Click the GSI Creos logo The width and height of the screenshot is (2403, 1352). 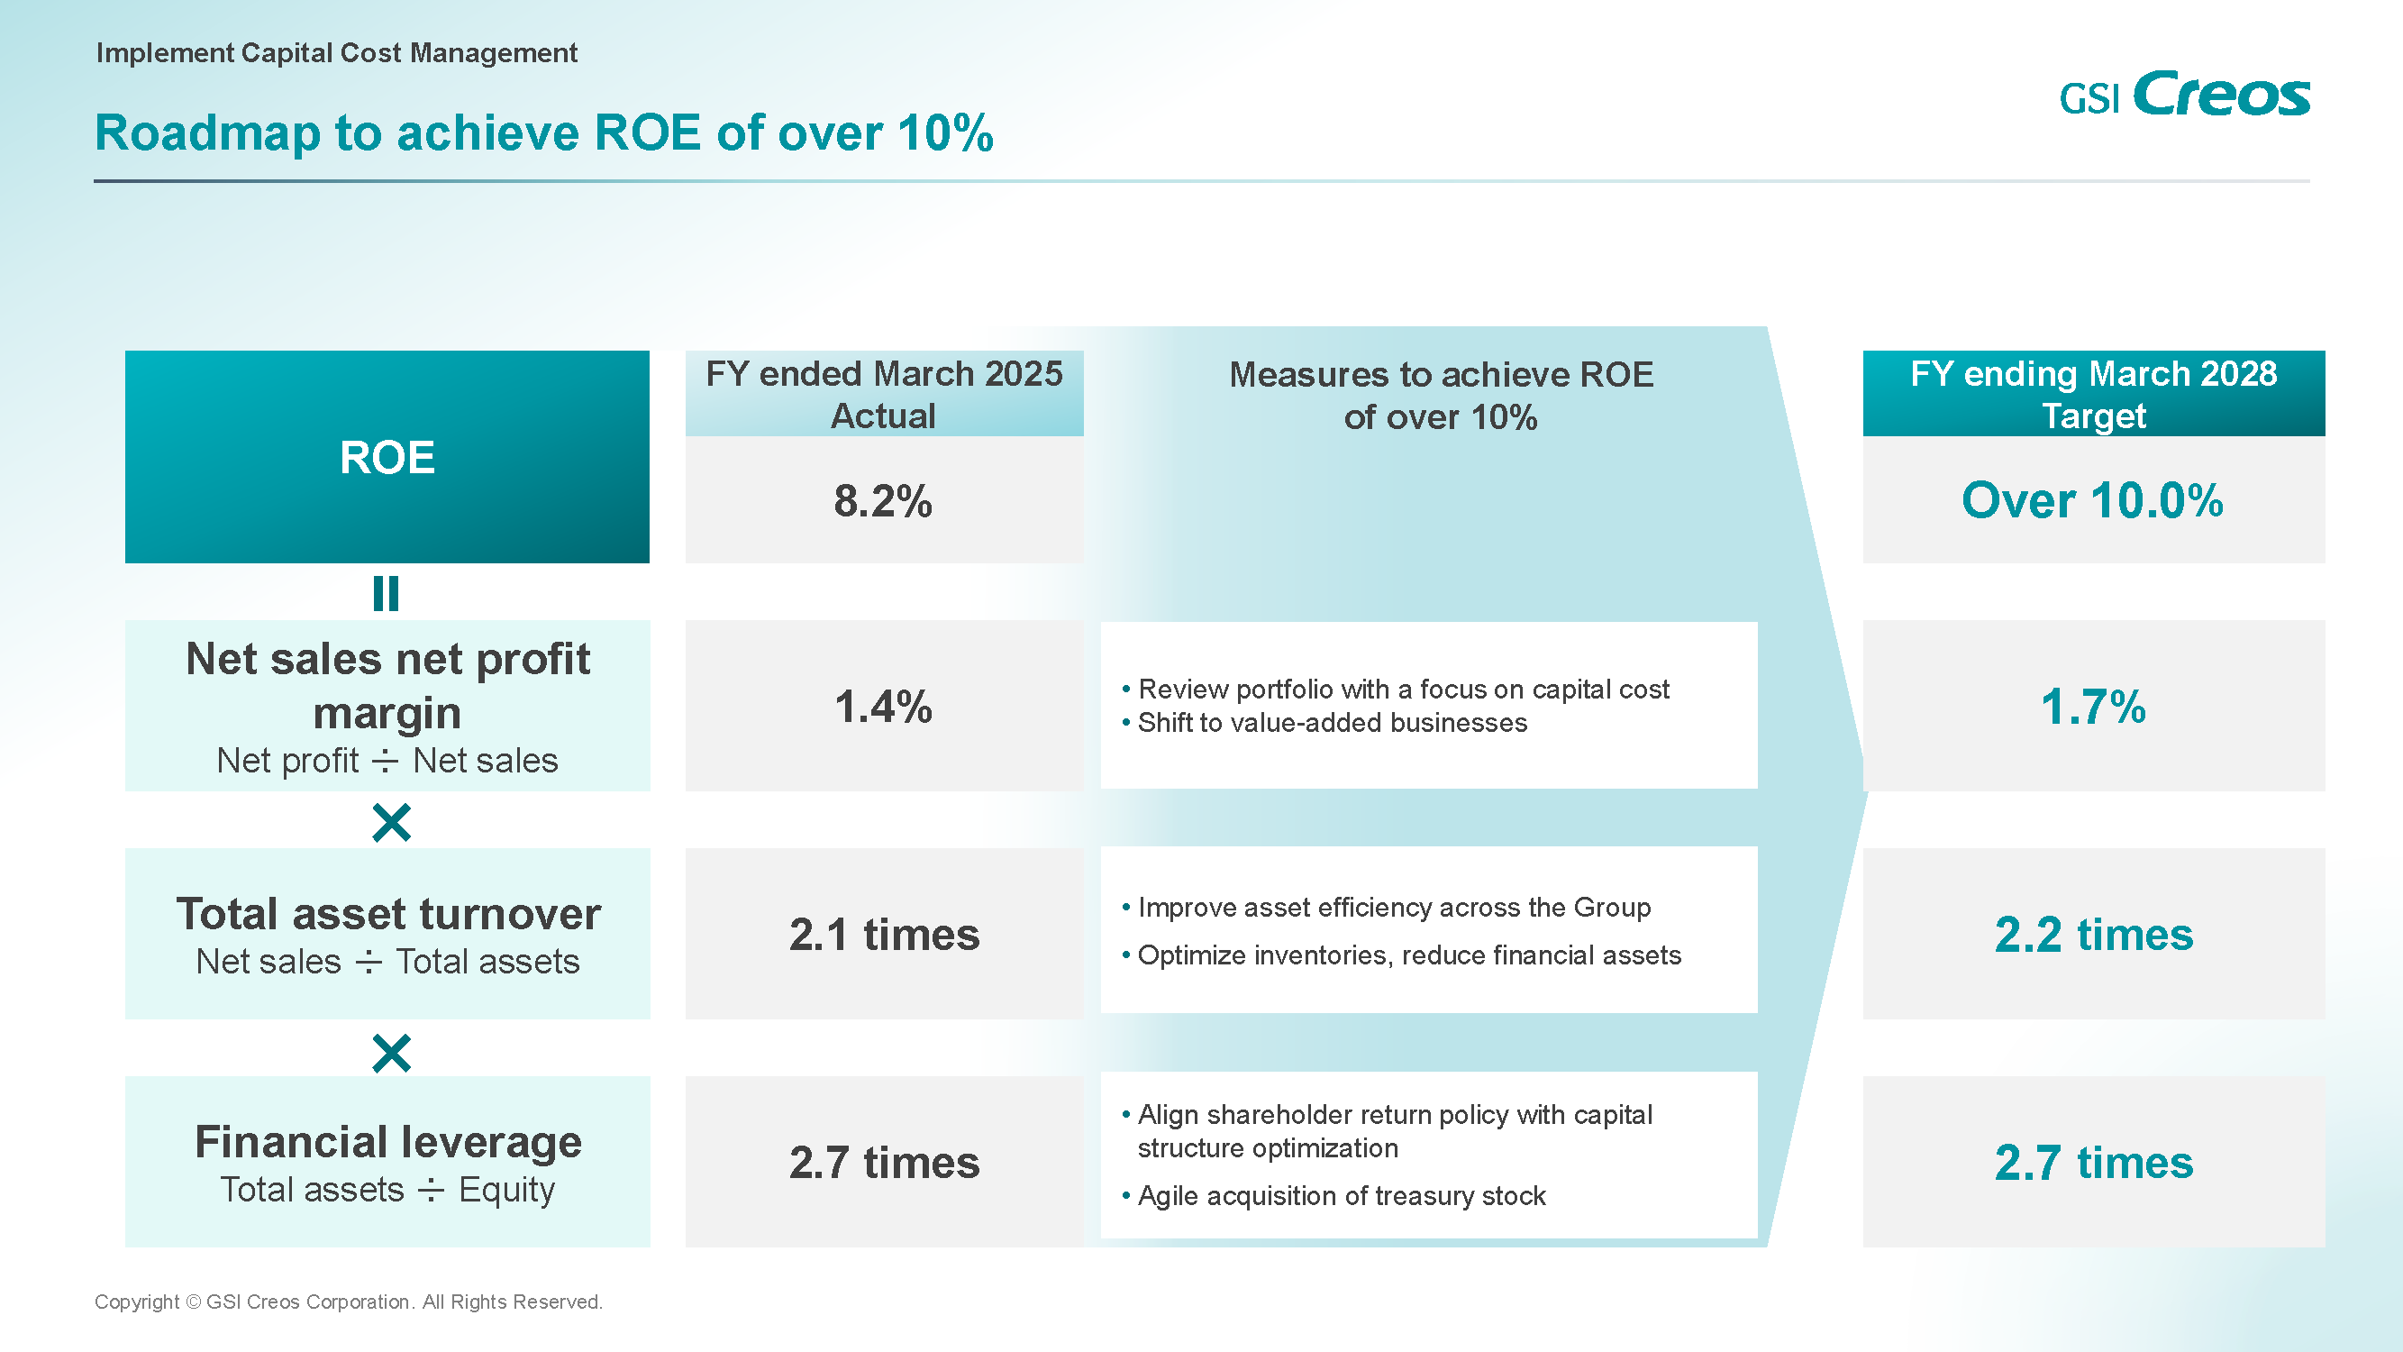(x=2184, y=95)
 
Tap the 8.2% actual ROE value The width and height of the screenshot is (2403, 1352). (x=882, y=501)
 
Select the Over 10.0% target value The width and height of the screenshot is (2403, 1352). (x=2092, y=501)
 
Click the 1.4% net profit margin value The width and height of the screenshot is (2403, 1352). (x=882, y=707)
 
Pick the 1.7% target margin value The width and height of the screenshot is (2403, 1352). (x=2092, y=707)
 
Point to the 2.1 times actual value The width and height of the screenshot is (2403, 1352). (x=883, y=935)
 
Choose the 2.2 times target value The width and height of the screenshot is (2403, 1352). (x=2093, y=935)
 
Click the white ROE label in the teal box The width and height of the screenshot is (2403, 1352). (x=387, y=458)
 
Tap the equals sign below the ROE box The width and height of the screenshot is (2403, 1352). (x=387, y=593)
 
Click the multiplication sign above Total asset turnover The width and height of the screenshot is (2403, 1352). (x=391, y=823)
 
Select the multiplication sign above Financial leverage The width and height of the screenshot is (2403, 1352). (x=391, y=1054)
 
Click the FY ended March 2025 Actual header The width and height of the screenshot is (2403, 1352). (x=883, y=394)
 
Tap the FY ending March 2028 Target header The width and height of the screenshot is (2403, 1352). (x=2093, y=394)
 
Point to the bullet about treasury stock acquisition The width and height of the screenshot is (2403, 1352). (x=1341, y=1196)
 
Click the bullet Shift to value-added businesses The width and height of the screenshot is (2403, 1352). (x=1331, y=723)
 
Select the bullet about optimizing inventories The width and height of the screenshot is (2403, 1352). (x=1408, y=955)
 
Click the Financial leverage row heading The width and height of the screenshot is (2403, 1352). (x=388, y=1142)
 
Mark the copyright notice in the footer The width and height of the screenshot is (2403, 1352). (x=348, y=1302)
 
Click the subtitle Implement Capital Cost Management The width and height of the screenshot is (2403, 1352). (x=337, y=53)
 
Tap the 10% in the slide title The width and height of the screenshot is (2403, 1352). (x=945, y=132)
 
